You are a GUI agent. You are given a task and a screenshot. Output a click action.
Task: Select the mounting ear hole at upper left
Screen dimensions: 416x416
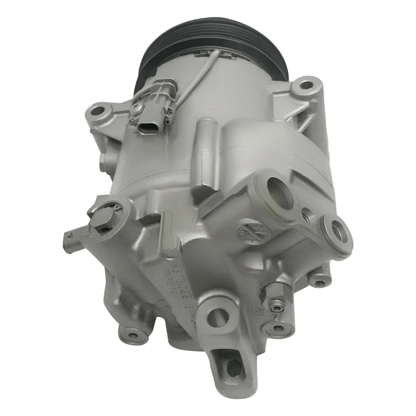point(99,112)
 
